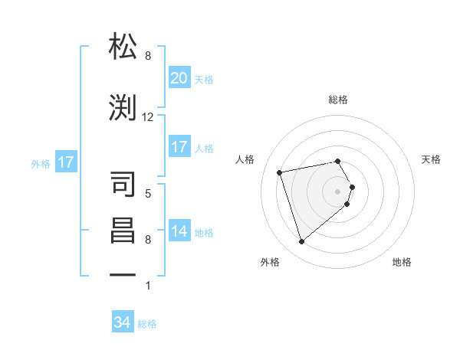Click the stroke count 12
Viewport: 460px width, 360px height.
pos(148,116)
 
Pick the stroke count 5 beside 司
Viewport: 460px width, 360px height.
pos(148,193)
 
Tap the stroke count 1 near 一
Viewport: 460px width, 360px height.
pos(148,286)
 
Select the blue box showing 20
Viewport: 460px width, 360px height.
pos(179,77)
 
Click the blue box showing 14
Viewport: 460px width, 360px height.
pos(179,231)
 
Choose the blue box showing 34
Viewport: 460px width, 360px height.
pos(122,322)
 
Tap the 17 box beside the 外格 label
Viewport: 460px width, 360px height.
pos(65,162)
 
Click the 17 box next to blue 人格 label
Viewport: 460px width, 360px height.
pos(179,147)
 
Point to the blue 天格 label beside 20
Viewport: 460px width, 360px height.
pos(204,79)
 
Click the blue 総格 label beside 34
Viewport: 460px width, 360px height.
pos(147,324)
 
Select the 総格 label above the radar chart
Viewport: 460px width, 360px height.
pos(338,100)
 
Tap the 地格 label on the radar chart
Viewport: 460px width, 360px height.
pos(402,262)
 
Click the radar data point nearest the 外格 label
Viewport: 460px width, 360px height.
pos(301,242)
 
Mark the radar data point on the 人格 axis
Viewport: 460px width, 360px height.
pos(280,172)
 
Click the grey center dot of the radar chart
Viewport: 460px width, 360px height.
pos(338,191)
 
